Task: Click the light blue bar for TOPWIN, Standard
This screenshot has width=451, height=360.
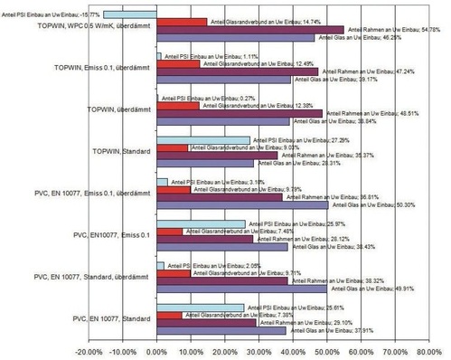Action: pyautogui.click(x=202, y=140)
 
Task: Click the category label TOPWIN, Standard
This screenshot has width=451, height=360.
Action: pyautogui.click(x=117, y=150)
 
